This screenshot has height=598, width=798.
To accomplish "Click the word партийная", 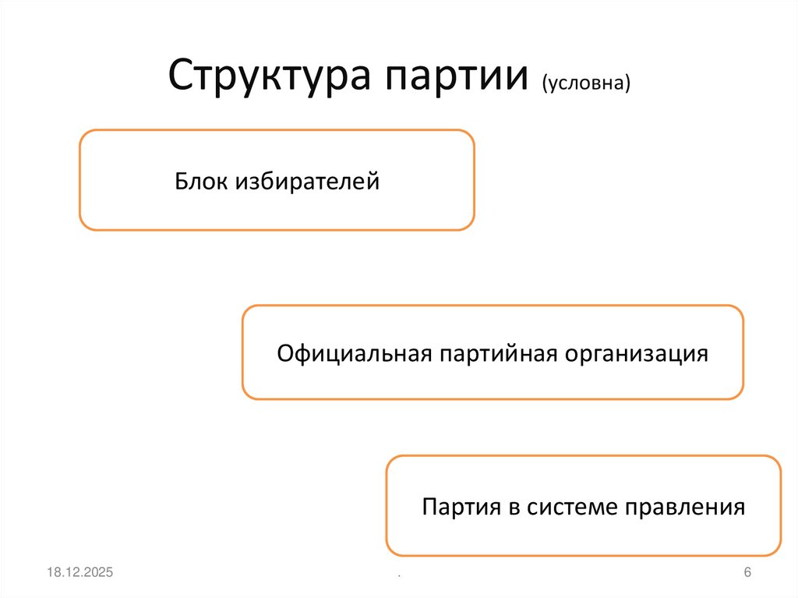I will point(499,353).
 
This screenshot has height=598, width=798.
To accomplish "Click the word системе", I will point(573,508).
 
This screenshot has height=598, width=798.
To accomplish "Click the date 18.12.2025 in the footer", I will point(79,573).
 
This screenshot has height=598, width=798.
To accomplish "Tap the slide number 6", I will point(747,573).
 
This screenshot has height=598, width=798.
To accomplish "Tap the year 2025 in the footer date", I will point(98,573).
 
